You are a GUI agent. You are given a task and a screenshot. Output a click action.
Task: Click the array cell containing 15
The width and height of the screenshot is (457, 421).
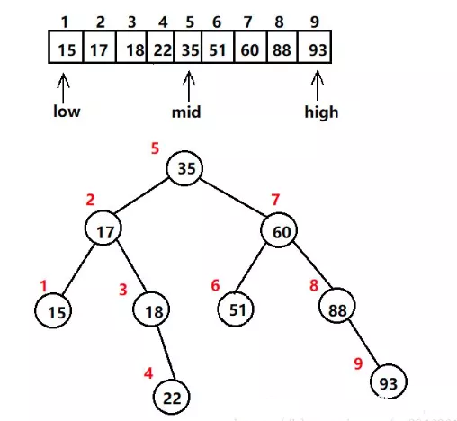tap(66, 47)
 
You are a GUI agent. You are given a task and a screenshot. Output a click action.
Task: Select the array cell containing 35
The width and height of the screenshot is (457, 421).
tap(188, 47)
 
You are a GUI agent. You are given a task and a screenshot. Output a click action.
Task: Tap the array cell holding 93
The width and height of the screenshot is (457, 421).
tap(315, 47)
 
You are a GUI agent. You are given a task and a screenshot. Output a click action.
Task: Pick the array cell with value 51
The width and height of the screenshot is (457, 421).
tap(218, 47)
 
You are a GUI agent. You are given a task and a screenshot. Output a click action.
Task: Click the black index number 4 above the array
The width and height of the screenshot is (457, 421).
tap(163, 22)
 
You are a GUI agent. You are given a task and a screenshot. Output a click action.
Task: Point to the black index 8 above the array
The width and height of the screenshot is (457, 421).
tap(279, 22)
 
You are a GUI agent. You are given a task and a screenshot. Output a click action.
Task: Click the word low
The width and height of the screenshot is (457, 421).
tap(67, 112)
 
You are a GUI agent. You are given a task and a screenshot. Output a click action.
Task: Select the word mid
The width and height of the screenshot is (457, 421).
tap(186, 112)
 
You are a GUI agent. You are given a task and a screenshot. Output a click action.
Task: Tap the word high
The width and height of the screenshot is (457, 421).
tap(321, 112)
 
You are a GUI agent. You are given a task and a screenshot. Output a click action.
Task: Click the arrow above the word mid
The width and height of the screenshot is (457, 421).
tap(189, 86)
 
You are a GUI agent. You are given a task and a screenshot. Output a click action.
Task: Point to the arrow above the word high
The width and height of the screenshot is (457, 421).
tap(318, 85)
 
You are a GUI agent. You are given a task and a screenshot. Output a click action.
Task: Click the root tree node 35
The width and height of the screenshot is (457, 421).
tap(184, 168)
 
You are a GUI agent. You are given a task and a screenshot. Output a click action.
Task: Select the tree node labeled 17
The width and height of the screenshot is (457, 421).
tap(103, 228)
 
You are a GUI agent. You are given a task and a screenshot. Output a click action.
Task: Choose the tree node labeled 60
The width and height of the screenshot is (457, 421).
tap(279, 230)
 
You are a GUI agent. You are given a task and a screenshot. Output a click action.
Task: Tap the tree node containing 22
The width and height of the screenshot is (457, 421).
tap(172, 397)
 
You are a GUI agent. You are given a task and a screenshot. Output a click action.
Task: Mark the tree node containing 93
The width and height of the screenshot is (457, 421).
tap(389, 381)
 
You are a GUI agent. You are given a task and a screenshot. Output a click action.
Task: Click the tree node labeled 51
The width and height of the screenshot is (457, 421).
tap(236, 309)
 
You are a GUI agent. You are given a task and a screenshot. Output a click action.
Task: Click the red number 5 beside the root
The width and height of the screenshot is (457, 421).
tap(155, 148)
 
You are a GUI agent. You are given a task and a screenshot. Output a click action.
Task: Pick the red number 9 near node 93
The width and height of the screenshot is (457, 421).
tap(358, 363)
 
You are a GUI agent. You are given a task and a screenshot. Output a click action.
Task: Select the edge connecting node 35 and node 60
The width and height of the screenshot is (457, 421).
tap(233, 197)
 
